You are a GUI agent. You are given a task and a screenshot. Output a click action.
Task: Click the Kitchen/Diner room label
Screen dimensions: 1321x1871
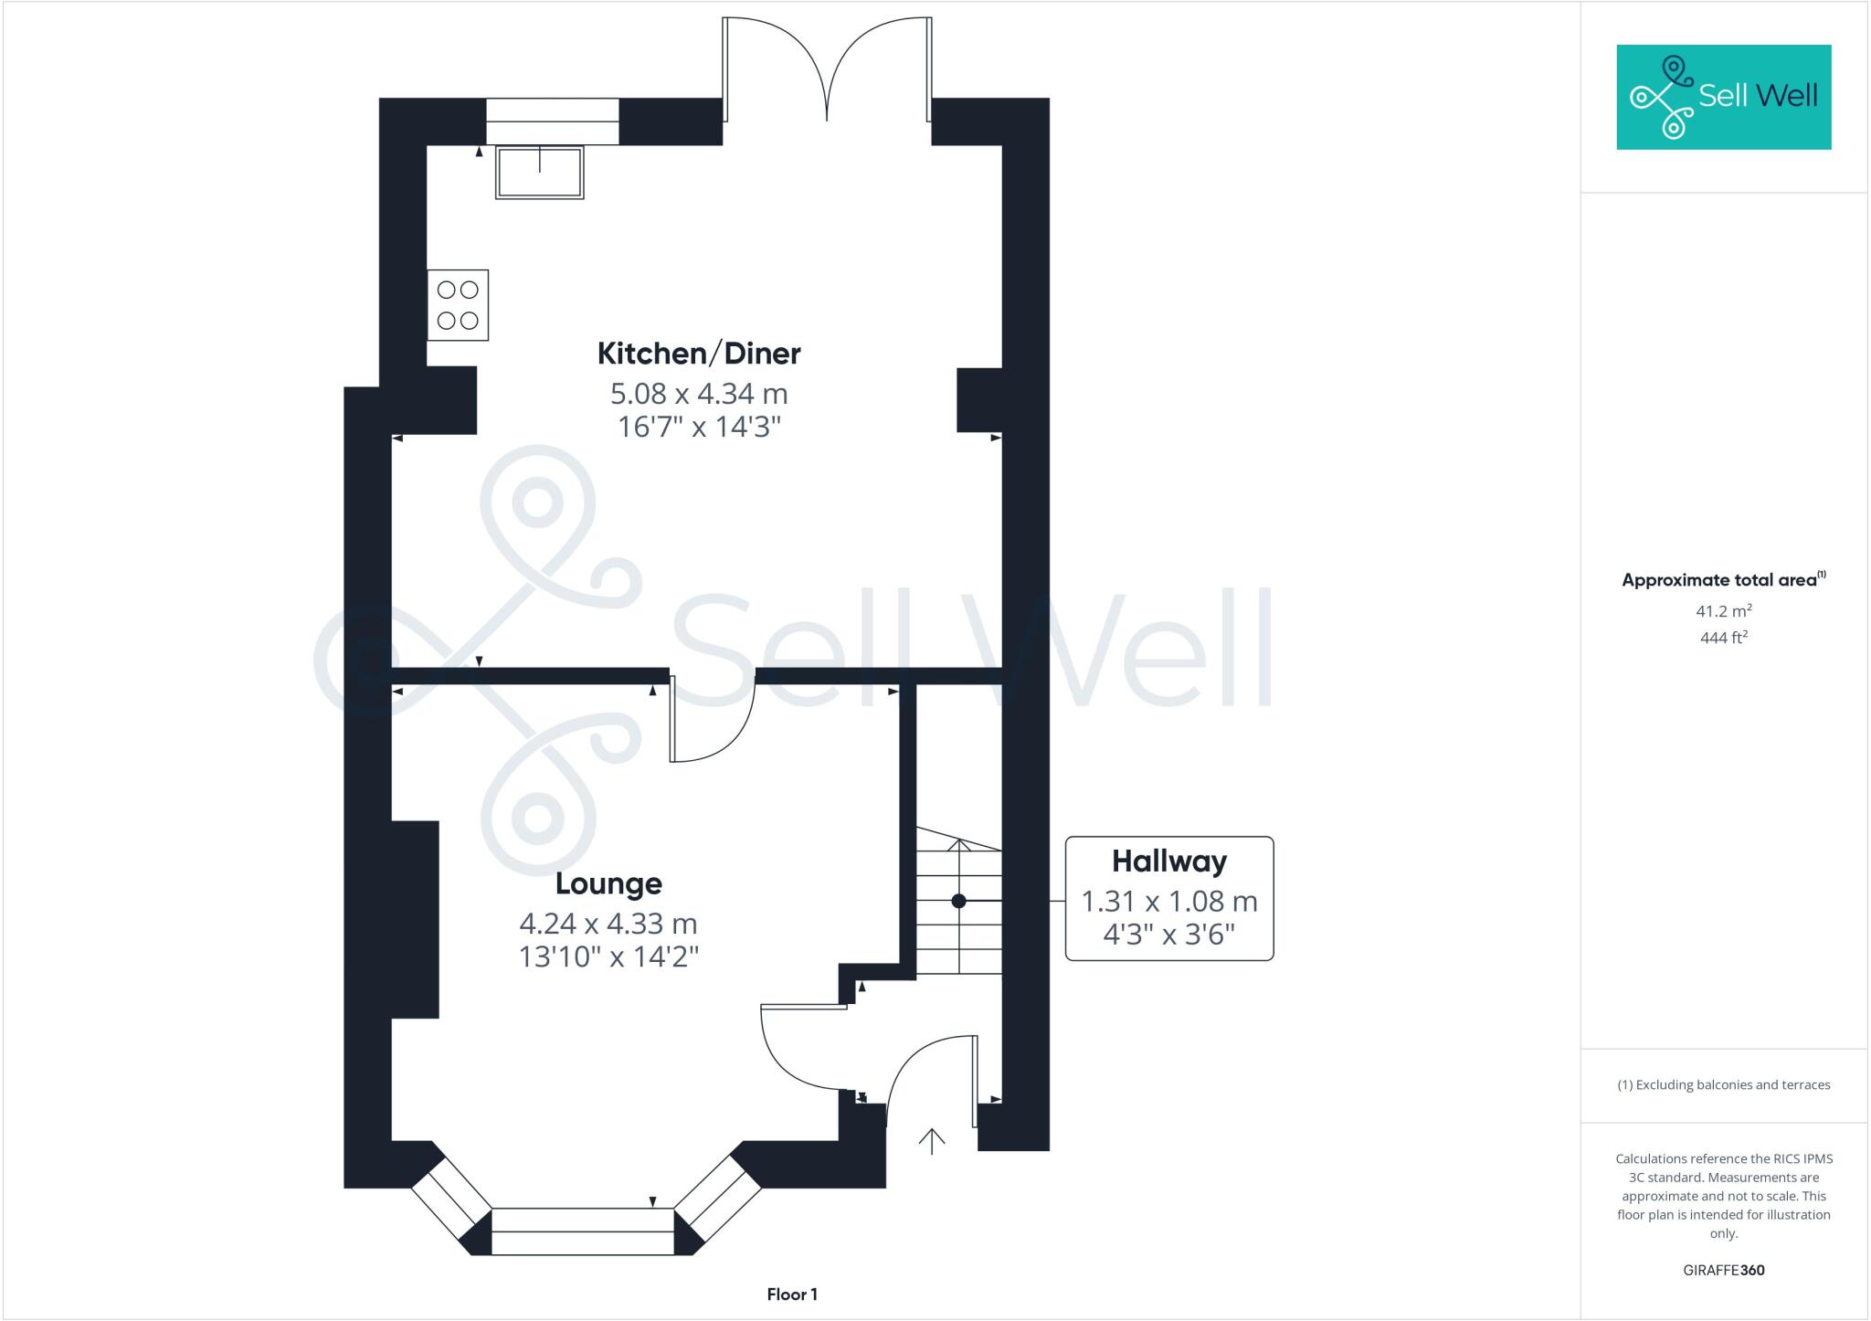click(x=699, y=354)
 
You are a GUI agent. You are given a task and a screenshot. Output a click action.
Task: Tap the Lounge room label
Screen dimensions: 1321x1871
click(x=608, y=883)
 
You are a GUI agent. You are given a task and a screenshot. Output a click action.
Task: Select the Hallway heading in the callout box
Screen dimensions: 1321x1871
click(x=1168, y=861)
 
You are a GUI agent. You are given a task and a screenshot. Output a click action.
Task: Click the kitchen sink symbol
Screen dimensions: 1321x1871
click(x=540, y=173)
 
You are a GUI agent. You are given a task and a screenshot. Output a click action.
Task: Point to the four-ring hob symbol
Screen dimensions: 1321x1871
click(x=458, y=305)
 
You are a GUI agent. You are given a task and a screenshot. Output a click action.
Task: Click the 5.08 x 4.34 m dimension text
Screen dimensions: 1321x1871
click(x=699, y=394)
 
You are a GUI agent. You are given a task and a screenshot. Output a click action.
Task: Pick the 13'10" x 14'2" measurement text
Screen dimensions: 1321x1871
click(x=608, y=957)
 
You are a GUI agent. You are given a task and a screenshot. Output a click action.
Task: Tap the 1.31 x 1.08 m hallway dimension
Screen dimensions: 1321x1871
click(x=1168, y=902)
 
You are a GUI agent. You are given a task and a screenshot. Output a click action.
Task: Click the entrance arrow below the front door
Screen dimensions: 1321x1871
click(x=931, y=1141)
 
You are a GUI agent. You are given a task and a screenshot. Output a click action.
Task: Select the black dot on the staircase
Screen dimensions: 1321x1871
click(x=958, y=901)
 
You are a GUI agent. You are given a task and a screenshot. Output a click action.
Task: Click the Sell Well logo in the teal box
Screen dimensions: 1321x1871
click(x=1723, y=97)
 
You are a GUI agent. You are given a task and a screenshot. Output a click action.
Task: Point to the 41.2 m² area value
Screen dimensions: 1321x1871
click(x=1723, y=611)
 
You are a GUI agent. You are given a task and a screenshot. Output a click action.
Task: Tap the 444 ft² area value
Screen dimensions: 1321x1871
click(x=1723, y=638)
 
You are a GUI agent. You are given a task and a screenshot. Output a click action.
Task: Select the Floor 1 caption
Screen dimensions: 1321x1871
click(x=792, y=1295)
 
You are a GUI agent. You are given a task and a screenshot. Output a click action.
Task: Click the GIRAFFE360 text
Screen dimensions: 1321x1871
click(x=1723, y=1270)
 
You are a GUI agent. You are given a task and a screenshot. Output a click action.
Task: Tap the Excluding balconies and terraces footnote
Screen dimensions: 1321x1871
click(x=1723, y=1085)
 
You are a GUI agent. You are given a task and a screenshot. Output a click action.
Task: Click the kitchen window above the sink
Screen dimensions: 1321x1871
click(x=552, y=122)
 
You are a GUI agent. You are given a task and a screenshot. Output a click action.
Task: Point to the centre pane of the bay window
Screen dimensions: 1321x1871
click(x=582, y=1231)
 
